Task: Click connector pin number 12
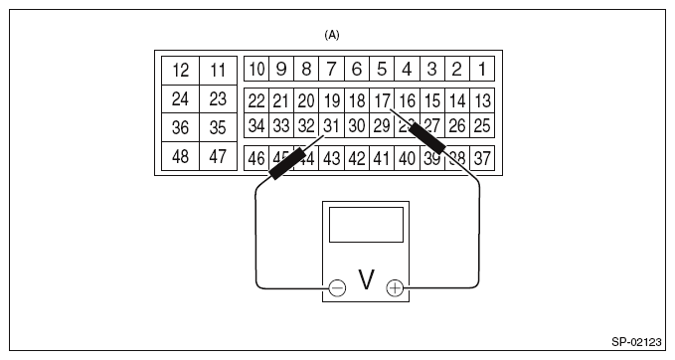click(180, 71)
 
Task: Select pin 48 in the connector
click(180, 157)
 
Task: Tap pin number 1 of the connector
click(482, 69)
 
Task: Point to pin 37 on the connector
click(482, 157)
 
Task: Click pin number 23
click(218, 99)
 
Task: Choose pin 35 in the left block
click(218, 128)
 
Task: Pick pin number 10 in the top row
click(256, 69)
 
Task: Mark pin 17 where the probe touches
click(382, 99)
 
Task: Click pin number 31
click(331, 125)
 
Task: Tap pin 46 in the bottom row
click(256, 157)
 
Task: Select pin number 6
click(357, 69)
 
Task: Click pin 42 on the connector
click(357, 157)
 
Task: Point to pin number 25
click(482, 125)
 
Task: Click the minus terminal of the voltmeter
click(337, 287)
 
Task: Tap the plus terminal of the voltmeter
click(395, 287)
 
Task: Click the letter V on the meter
click(366, 281)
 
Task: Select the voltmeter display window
click(366, 225)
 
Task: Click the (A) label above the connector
click(332, 35)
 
